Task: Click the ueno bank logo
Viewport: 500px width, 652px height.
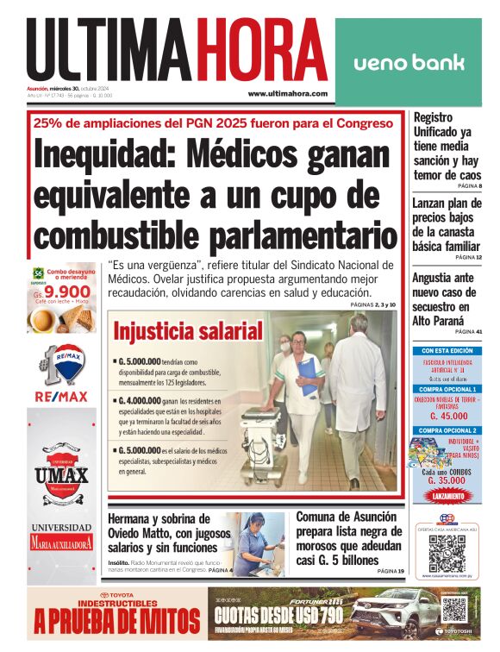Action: click(409, 62)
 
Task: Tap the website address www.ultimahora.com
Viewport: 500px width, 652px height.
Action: click(288, 94)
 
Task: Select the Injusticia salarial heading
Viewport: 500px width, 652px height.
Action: click(188, 331)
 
